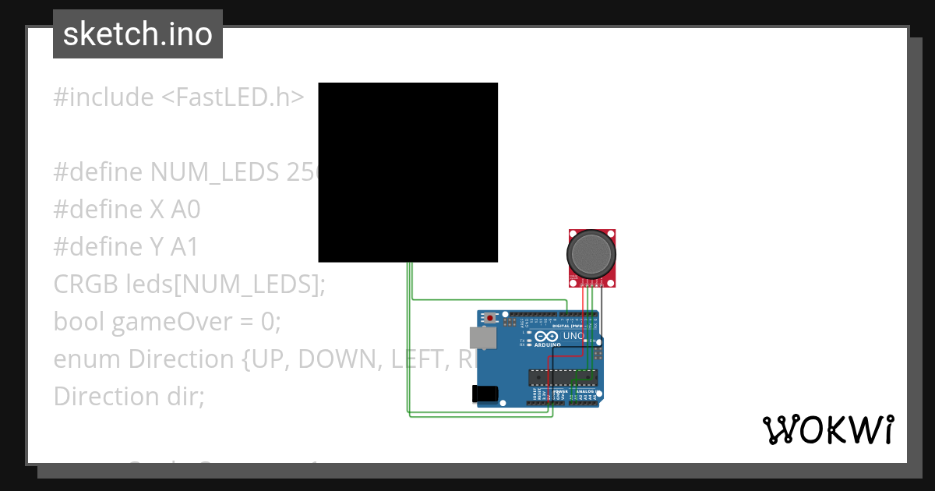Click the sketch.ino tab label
(x=138, y=35)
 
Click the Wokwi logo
(x=827, y=429)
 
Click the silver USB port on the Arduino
(x=482, y=337)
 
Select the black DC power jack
(x=485, y=394)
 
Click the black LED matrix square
(x=408, y=172)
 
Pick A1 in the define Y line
(x=184, y=247)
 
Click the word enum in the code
(x=87, y=359)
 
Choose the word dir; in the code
(x=184, y=397)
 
